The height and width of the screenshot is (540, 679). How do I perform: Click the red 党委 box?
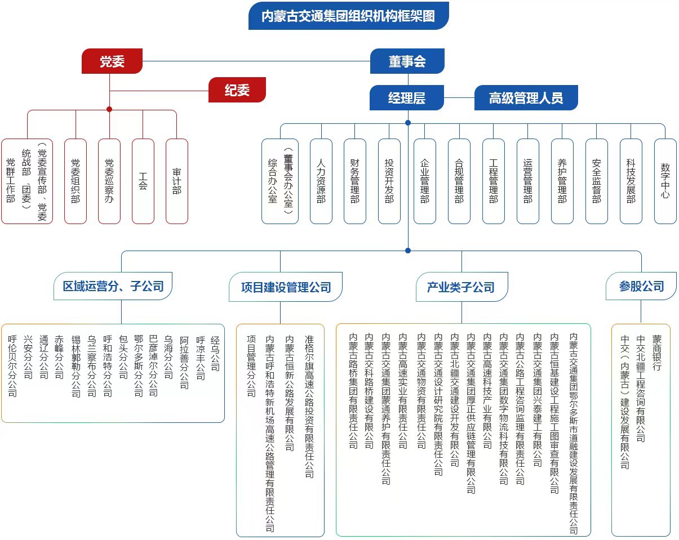tap(112, 61)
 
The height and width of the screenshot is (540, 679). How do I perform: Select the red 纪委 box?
tap(237, 90)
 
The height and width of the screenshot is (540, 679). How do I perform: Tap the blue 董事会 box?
tap(407, 61)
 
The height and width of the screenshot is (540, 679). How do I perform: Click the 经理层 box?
tap(407, 97)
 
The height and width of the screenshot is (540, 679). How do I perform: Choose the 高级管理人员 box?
tap(526, 97)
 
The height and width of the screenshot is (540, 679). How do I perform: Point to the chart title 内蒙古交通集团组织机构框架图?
tap(349, 16)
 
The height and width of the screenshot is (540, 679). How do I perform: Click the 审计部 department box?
tap(177, 181)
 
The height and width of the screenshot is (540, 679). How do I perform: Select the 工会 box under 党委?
tap(143, 181)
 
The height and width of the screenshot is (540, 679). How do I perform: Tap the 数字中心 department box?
tap(665, 181)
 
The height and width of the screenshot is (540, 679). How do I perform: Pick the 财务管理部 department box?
tap(354, 181)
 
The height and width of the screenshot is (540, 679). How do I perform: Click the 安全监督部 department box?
tap(596, 181)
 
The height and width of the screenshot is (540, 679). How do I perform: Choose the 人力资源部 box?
tap(321, 181)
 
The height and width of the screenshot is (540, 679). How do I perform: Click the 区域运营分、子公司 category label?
tap(113, 286)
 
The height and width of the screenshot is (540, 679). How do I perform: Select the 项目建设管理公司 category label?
tap(286, 287)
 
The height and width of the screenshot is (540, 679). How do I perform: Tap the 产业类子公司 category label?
tap(461, 287)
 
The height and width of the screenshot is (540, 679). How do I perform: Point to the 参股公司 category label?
tap(641, 286)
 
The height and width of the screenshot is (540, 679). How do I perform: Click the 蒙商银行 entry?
tap(656, 352)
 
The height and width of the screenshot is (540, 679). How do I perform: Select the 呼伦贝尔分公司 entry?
tap(12, 366)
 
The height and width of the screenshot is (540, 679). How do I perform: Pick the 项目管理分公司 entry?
tap(251, 366)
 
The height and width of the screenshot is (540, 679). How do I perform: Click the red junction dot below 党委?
tap(109, 109)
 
